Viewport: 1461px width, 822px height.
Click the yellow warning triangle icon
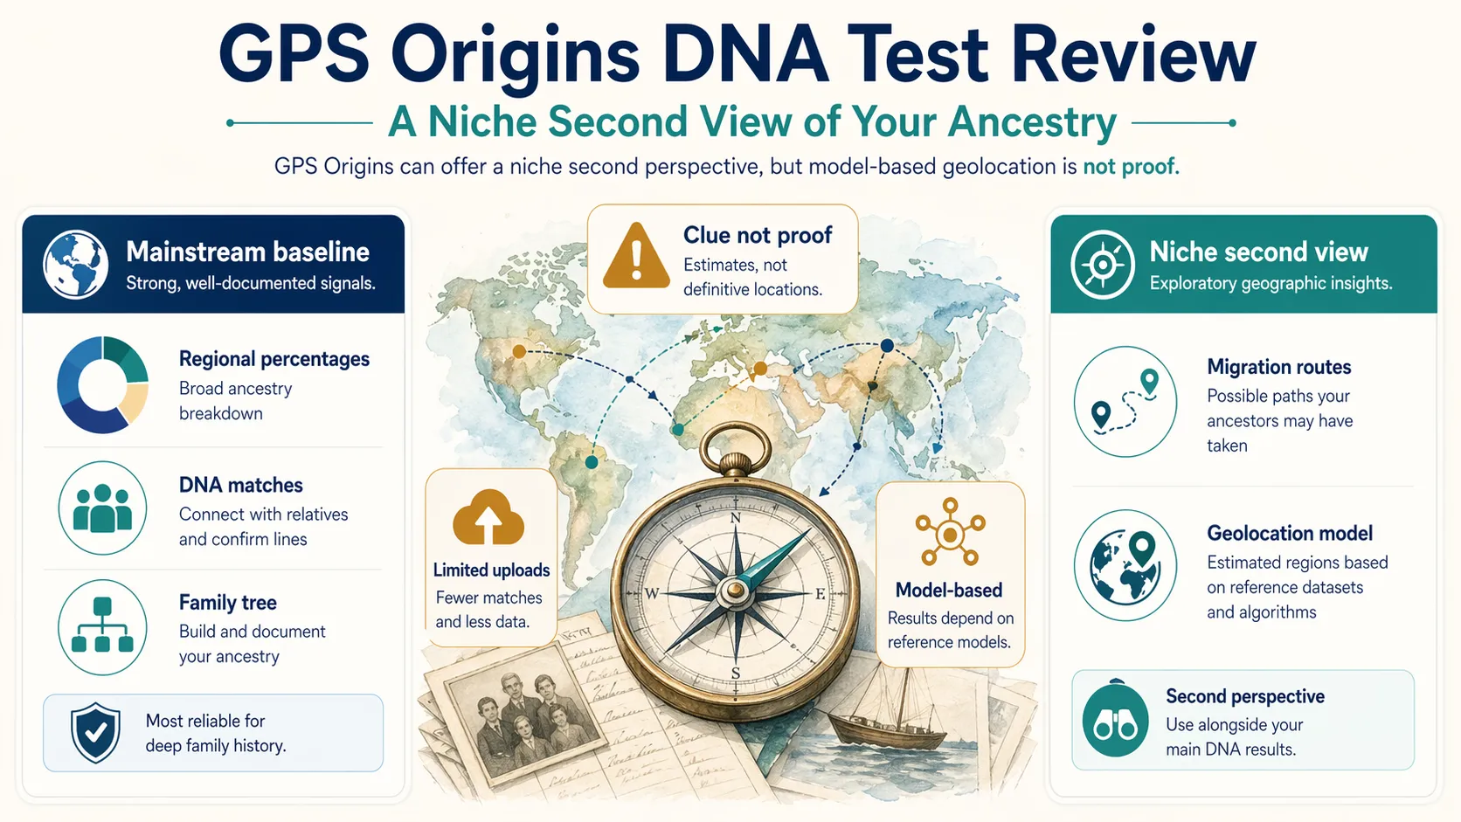click(636, 256)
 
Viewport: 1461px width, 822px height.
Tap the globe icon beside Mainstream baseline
click(76, 264)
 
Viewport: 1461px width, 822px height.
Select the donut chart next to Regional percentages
click(103, 384)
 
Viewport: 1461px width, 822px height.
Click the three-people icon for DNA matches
click(102, 508)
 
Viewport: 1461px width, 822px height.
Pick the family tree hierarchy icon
click(102, 627)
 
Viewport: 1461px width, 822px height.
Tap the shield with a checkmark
click(96, 732)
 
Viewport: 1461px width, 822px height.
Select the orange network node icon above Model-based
click(950, 532)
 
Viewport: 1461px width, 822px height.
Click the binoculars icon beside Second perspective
click(1115, 722)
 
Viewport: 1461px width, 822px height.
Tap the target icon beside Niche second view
click(1103, 265)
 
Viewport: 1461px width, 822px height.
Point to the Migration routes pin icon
click(1125, 402)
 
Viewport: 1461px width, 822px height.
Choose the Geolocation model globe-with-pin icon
click(1125, 565)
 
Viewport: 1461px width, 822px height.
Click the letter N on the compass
click(736, 518)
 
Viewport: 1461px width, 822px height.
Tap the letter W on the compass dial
click(652, 594)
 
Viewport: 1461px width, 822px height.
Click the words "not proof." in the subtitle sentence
click(1131, 167)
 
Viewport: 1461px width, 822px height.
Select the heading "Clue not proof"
click(757, 235)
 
